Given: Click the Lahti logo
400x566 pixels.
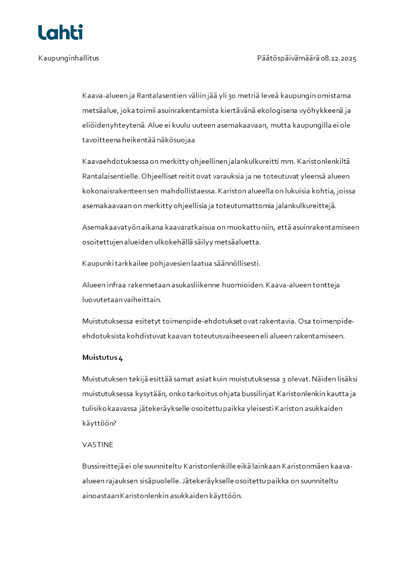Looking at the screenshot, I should pos(61,32).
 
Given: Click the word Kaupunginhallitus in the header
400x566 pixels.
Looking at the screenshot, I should pos(69,58).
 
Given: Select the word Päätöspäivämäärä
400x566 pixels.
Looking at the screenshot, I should pos(288,58).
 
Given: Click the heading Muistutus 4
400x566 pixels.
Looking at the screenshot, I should pos(102,358).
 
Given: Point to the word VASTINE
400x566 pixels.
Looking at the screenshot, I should pos(98,445).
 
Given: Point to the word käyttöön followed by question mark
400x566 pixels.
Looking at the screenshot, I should pos(98,423).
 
